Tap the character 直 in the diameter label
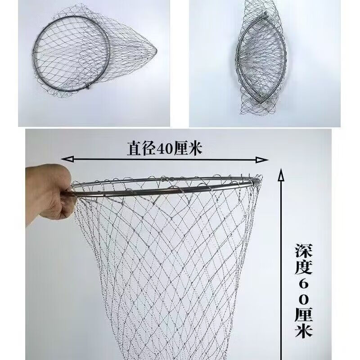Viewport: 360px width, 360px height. pyautogui.click(x=135, y=148)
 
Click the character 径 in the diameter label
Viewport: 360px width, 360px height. pyautogui.click(x=149, y=148)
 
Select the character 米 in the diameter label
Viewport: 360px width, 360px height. pyautogui.click(x=195, y=148)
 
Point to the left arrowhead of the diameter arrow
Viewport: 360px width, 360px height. pyautogui.click(x=67, y=159)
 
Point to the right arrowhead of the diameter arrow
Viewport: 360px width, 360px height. pyautogui.click(x=262, y=160)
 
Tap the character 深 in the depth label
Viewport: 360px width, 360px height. pyautogui.click(x=303, y=251)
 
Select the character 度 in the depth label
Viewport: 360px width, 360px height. pyautogui.click(x=303, y=267)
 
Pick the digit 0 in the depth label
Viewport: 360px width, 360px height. pyautogui.click(x=303, y=299)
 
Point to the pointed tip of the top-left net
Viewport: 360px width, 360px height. pyautogui.click(x=156, y=50)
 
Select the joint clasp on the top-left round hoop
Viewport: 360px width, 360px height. pyautogui.click(x=87, y=87)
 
